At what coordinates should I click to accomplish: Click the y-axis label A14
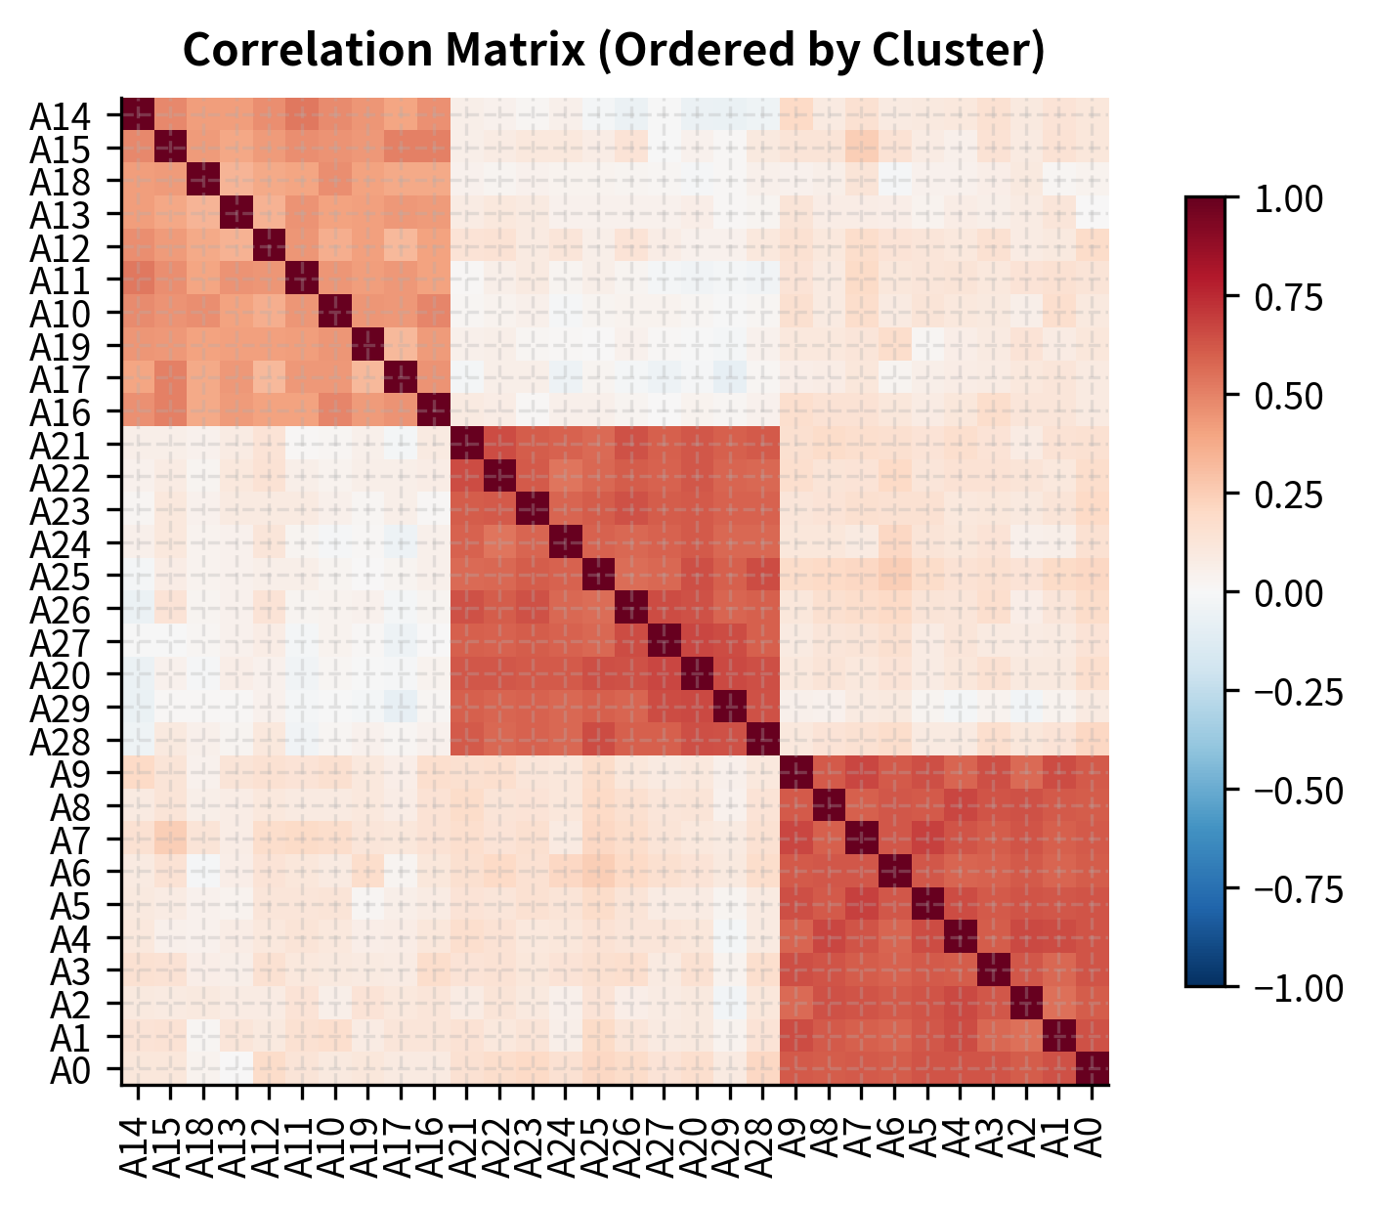pyautogui.click(x=74, y=116)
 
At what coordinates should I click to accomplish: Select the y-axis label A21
pyautogui.click(x=74, y=446)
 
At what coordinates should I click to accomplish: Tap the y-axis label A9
pyautogui.click(x=84, y=774)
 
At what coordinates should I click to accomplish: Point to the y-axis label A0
pyautogui.click(x=84, y=1070)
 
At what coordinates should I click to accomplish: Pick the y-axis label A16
pyautogui.click(x=74, y=412)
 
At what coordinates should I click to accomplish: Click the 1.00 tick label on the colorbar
pyautogui.click(x=1287, y=198)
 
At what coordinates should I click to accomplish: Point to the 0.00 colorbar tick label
pyautogui.click(x=1287, y=593)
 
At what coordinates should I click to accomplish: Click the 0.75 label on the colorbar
pyautogui.click(x=1287, y=297)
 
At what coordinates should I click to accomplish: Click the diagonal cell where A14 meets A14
pyautogui.click(x=138, y=114)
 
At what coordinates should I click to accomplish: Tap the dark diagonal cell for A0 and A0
pyautogui.click(x=1093, y=1068)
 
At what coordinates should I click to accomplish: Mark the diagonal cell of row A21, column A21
pyautogui.click(x=467, y=444)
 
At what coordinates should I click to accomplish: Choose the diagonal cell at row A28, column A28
pyautogui.click(x=763, y=740)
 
